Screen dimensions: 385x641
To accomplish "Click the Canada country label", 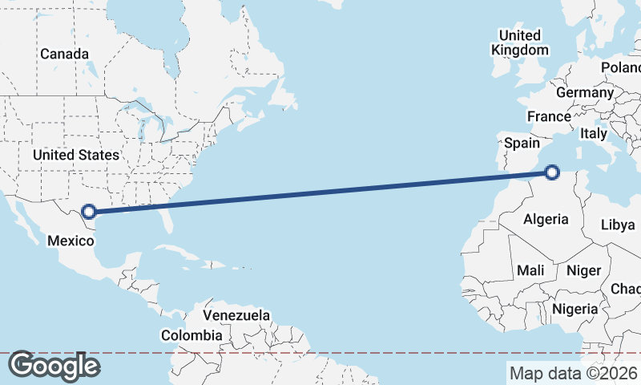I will [x=65, y=54].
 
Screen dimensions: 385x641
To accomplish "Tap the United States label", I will [x=76, y=155].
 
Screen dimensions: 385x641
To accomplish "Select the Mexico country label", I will [x=71, y=240].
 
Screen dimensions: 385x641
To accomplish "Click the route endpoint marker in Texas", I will [x=90, y=212].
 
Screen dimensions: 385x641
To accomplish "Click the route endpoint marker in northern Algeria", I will [x=551, y=171].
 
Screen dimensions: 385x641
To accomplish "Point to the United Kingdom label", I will [x=520, y=43].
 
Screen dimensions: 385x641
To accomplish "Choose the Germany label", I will [x=584, y=92].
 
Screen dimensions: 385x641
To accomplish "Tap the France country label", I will [x=549, y=116].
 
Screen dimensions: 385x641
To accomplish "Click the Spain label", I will [x=522, y=144].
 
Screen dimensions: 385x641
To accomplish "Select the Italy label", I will [x=594, y=133].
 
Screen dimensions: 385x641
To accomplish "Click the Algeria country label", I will [x=546, y=219].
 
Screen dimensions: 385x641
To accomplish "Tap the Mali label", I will [x=530, y=270].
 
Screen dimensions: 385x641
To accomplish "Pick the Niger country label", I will [x=583, y=270].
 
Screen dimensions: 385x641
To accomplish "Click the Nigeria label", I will [x=575, y=308].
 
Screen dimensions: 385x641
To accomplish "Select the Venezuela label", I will [x=236, y=315].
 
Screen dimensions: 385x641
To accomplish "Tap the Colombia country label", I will [x=191, y=334].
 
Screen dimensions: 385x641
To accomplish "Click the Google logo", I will [x=54, y=366].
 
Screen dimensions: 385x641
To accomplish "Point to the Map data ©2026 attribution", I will [x=574, y=373].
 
